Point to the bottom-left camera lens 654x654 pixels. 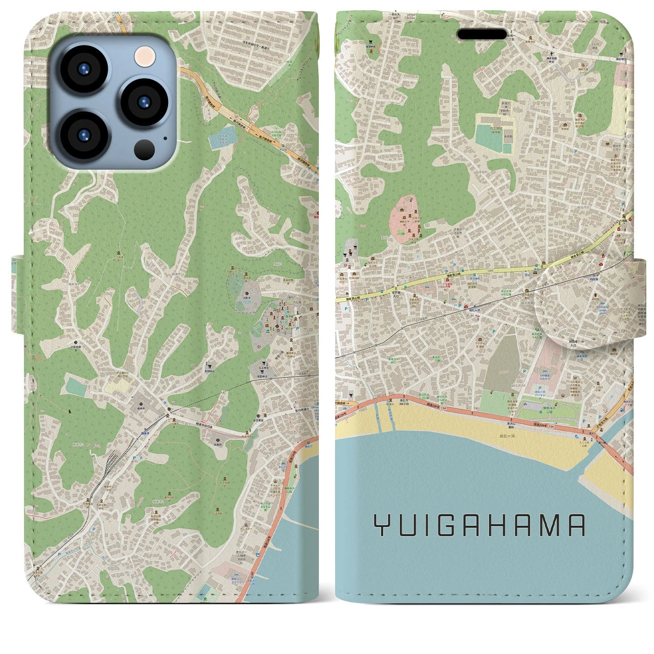coord(83,134)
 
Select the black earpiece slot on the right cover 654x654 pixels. coord(481,34)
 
